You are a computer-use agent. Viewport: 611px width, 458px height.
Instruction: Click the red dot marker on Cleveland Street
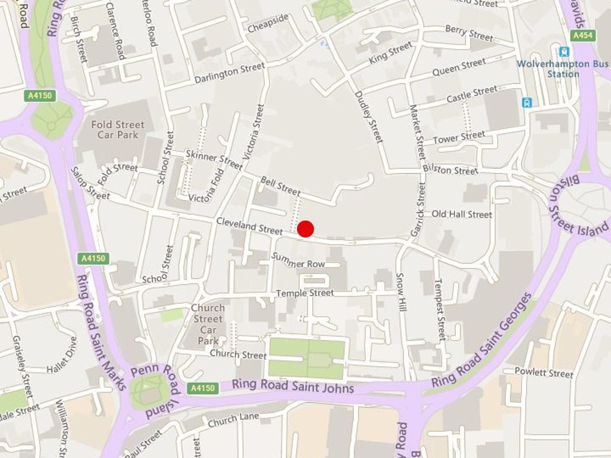tap(305, 229)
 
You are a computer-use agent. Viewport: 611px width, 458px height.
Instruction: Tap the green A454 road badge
tap(583, 36)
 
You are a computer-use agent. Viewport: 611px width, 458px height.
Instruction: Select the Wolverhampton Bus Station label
tap(563, 69)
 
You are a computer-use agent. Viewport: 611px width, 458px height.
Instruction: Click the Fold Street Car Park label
tap(118, 129)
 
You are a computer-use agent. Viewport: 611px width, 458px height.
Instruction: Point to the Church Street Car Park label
tap(208, 324)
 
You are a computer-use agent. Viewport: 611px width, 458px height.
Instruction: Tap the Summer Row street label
tap(298, 260)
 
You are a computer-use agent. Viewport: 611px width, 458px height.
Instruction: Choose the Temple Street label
tap(304, 293)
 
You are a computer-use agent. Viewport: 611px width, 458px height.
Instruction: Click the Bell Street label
tap(280, 186)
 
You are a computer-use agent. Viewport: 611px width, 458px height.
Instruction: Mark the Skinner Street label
tap(214, 159)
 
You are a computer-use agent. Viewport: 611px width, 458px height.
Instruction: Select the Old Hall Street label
tap(462, 214)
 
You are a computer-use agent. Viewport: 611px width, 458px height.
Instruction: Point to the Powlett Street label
tap(544, 373)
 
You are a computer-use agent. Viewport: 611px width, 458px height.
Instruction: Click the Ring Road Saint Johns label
tap(292, 386)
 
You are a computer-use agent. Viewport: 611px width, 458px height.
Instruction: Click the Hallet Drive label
tap(63, 355)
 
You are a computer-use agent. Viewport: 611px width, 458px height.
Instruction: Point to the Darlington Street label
tap(229, 73)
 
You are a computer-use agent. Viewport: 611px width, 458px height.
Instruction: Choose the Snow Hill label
tap(400, 292)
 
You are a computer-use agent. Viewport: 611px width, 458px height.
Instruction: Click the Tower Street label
tap(459, 138)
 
